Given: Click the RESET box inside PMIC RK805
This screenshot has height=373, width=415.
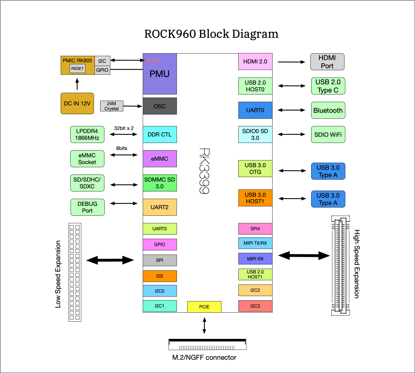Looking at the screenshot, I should coord(78,69).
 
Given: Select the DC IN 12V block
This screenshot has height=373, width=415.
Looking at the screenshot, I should coord(77,103).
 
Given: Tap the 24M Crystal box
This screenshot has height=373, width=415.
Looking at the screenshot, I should coord(112,106).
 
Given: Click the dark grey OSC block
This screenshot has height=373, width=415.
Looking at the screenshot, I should coord(160,106).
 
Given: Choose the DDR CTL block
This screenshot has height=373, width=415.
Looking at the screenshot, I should coord(160,134).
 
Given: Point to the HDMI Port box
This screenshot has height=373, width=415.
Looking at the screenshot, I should coord(327,62).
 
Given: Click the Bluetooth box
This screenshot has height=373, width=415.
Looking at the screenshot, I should coord(328,110).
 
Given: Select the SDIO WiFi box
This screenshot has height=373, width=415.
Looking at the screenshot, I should coord(328,134).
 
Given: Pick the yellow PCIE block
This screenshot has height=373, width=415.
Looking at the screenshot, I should coord(204,307).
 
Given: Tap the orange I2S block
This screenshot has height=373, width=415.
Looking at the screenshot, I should coord(160,276).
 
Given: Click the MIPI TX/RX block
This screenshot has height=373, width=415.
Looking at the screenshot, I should coord(255,243).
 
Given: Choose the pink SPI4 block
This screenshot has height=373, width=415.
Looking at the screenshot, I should coord(255,229).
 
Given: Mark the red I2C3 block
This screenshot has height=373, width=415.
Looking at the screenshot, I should coord(255,306).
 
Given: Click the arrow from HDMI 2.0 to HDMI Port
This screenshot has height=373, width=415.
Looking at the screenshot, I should coord(291,62).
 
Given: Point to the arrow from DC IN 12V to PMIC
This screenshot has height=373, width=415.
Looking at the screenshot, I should coord(77,84).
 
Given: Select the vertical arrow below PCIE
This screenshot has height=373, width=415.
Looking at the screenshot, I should coord(205,325).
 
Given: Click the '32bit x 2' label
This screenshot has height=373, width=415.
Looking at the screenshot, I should coord(124,128).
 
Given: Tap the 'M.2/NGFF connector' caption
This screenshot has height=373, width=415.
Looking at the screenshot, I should coord(204,357).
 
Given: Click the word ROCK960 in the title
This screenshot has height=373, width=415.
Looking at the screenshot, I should coord(170,34).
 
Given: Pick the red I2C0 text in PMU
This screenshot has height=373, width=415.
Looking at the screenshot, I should coord(153,61).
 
